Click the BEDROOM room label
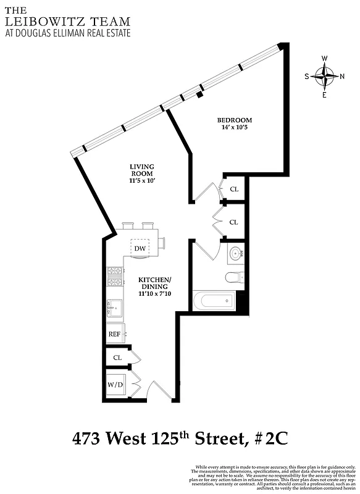234,120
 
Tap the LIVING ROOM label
141,170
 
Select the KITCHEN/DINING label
154,283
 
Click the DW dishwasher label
141,248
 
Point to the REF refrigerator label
114,334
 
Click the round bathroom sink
235,253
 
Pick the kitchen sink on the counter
115,306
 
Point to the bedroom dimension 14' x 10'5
234,128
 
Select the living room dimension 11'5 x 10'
141,182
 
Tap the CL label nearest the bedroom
234,190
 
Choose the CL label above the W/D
117,358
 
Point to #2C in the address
269,440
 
